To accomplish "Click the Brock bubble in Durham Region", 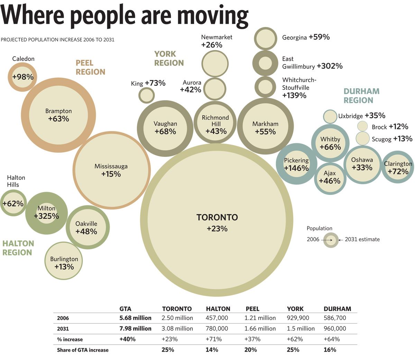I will point(362,126).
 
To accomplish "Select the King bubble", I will point(146,95).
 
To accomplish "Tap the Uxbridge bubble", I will point(330,116).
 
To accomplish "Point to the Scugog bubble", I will point(363,138).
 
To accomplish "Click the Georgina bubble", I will point(265,39).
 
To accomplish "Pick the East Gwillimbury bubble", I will point(265,63).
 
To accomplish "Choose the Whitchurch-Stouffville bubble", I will point(265,87).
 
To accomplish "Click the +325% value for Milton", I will point(46,216).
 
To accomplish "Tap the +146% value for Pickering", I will point(296,168).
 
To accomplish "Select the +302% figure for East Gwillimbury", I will point(330,66).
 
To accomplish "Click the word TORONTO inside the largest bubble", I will point(217,217).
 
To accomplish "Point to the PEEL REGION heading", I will point(90,67).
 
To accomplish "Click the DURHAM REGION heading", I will point(361,96).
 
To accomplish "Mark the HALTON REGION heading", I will point(18,248).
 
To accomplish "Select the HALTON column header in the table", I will point(218,309).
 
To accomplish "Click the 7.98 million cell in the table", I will point(135,328).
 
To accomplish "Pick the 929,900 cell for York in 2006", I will point(298,318).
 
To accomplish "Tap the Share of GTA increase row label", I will point(83,350).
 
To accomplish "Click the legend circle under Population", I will point(331,240).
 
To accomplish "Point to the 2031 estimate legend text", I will point(362,239).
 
